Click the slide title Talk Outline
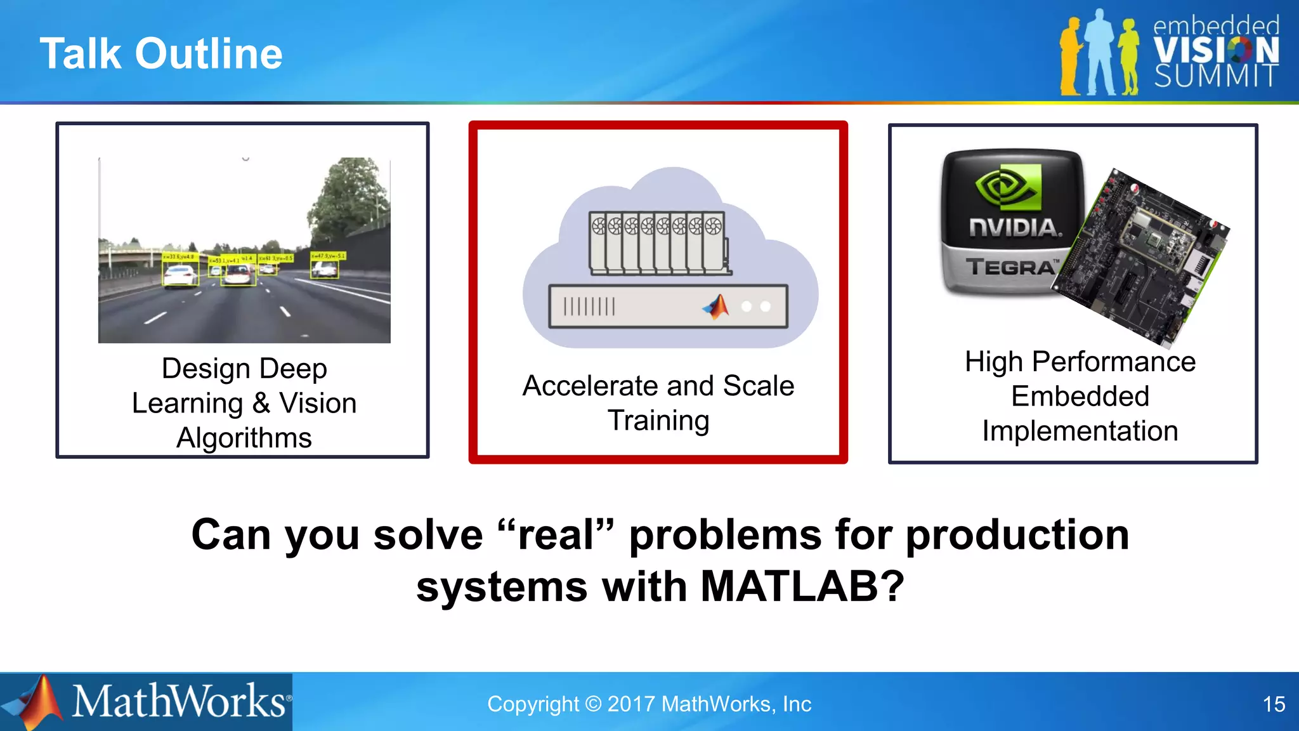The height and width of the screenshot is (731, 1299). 161,53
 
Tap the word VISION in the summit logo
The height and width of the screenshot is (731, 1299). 1215,50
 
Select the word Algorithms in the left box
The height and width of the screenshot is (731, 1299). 244,438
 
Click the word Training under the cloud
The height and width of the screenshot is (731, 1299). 658,421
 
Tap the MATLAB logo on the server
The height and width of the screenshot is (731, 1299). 716,306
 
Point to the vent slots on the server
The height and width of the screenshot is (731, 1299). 589,306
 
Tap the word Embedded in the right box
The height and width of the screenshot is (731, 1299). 1080,397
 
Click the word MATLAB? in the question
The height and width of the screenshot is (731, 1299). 802,586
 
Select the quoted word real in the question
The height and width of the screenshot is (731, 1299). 556,535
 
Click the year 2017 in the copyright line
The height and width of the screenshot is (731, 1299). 630,704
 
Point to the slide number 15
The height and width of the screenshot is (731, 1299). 1273,704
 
